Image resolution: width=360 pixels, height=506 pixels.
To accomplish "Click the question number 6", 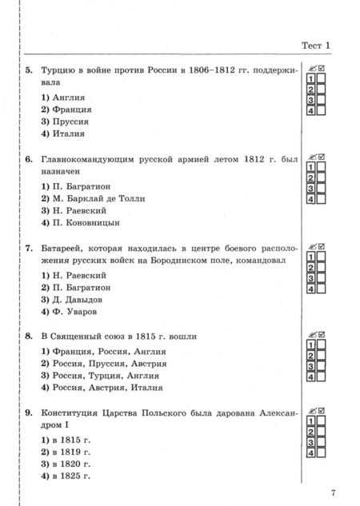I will coord(28,159).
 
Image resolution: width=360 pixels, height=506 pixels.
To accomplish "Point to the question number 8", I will coord(28,337).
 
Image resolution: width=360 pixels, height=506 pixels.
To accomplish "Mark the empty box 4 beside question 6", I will coord(321,199).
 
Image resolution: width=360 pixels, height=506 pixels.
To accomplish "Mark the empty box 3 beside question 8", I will coord(321,366).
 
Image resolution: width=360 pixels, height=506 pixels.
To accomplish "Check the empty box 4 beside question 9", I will coord(321,453).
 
